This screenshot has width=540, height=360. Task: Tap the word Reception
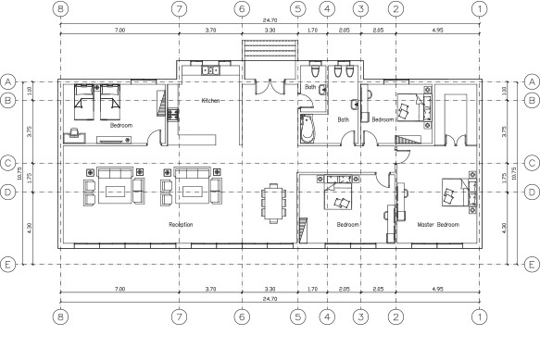[x=181, y=225]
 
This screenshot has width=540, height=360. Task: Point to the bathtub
[x=307, y=129]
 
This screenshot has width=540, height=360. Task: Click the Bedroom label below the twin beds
[x=121, y=125]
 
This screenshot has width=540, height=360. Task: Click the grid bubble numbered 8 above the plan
[x=61, y=9]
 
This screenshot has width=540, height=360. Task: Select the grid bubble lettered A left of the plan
[x=7, y=81]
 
